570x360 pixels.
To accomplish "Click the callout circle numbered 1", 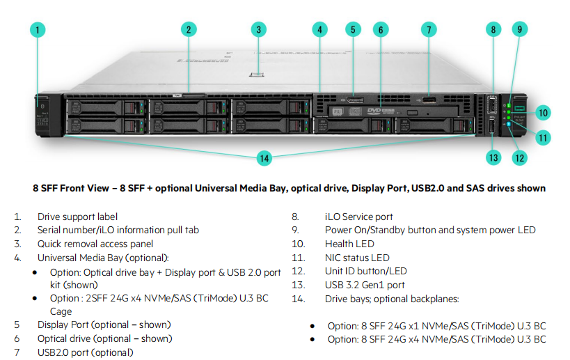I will (38, 29).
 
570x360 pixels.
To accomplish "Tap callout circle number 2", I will (189, 29).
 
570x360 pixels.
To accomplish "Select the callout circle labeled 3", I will (258, 29).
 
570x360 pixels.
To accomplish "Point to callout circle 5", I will (353, 29).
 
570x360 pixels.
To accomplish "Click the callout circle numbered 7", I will (429, 29).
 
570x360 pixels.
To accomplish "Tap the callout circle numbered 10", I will (543, 112).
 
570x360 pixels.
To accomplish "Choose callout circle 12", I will (519, 157).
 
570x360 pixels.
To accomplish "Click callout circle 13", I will (493, 157).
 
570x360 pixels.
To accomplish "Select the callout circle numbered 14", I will (264, 158).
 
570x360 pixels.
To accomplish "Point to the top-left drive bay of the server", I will (104, 107).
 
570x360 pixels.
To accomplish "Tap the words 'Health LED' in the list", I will (349, 244).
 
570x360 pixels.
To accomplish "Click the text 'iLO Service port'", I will (358, 217).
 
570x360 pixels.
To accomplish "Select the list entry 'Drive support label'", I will (77, 217).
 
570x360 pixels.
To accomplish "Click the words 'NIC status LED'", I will (357, 258).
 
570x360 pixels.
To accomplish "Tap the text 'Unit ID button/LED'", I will (365, 271).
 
